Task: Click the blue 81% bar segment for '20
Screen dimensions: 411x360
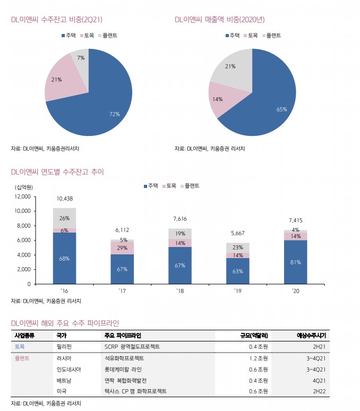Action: tap(296, 262)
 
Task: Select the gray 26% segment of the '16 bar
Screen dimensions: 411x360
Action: tap(64, 218)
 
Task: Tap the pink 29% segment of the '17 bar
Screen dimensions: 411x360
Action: tap(122, 248)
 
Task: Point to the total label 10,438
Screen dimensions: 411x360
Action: tap(64, 199)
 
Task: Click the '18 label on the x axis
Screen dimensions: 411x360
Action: tap(180, 291)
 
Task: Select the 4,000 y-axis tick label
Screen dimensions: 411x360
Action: tap(23, 255)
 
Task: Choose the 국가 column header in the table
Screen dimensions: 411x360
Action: tap(61, 336)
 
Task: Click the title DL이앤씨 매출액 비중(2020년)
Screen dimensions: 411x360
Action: tap(220, 20)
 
